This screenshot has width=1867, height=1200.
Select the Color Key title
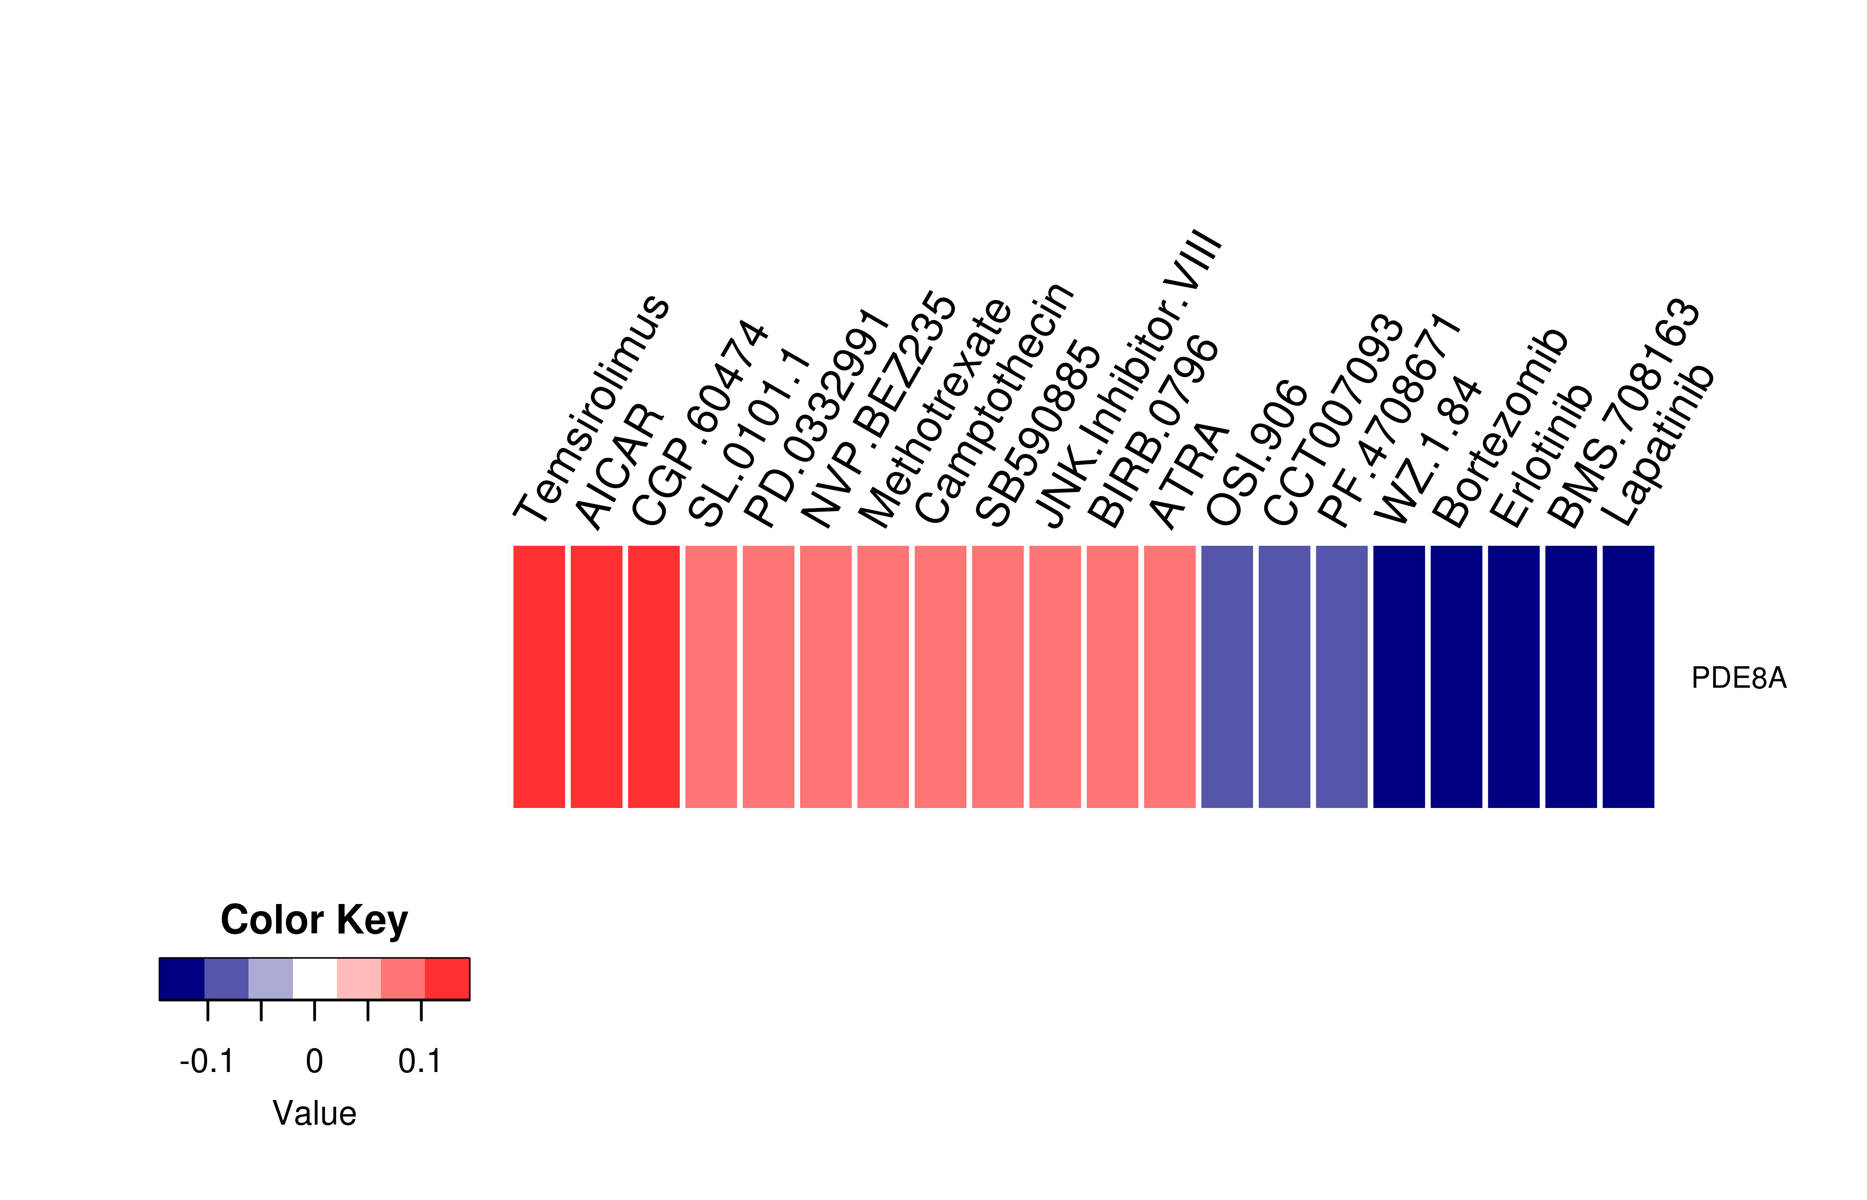pyautogui.click(x=314, y=920)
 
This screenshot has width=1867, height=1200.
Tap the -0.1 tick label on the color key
pyautogui.click(x=207, y=1061)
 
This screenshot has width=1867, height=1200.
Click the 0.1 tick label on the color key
pyautogui.click(x=420, y=1061)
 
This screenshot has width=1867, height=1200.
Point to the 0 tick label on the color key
pyautogui.click(x=314, y=1061)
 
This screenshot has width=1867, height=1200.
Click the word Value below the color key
pyautogui.click(x=314, y=1113)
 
